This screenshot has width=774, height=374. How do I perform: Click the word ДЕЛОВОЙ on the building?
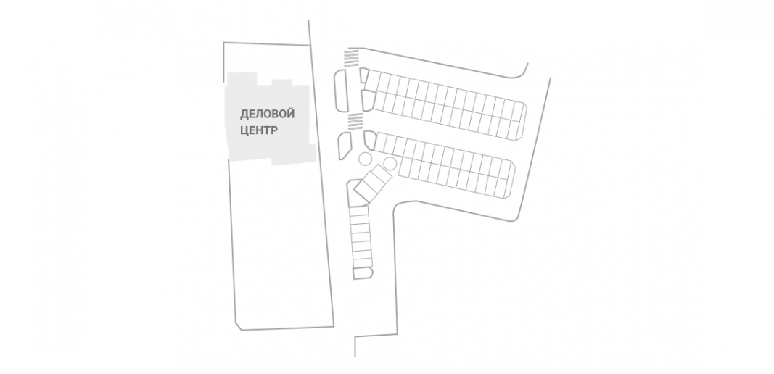[x=267, y=115]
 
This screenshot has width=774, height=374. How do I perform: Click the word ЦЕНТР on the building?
[x=259, y=130]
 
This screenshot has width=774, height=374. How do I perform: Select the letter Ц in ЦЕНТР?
[x=244, y=130]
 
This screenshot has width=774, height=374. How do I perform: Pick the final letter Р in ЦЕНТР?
[x=274, y=130]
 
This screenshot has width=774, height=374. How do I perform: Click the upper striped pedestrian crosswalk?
[x=352, y=57]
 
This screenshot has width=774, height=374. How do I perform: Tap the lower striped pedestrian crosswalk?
[x=355, y=121]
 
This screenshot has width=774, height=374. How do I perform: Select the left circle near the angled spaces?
[x=365, y=159]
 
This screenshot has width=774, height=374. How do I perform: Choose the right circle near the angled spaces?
[x=390, y=163]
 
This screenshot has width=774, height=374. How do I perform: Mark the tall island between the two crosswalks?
[x=341, y=91]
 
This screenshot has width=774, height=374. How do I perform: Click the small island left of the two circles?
[x=344, y=145]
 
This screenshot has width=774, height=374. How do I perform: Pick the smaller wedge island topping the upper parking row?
[x=364, y=75]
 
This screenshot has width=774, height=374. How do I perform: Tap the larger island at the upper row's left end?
[x=369, y=100]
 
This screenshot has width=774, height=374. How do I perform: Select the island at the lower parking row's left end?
[x=370, y=140]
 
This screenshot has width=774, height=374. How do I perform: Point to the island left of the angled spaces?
[x=356, y=193]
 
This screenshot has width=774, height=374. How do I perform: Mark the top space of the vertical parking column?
[x=359, y=210]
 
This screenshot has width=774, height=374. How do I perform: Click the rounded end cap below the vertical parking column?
[x=362, y=273]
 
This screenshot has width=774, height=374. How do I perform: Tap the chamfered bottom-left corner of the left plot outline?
[x=238, y=326]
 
